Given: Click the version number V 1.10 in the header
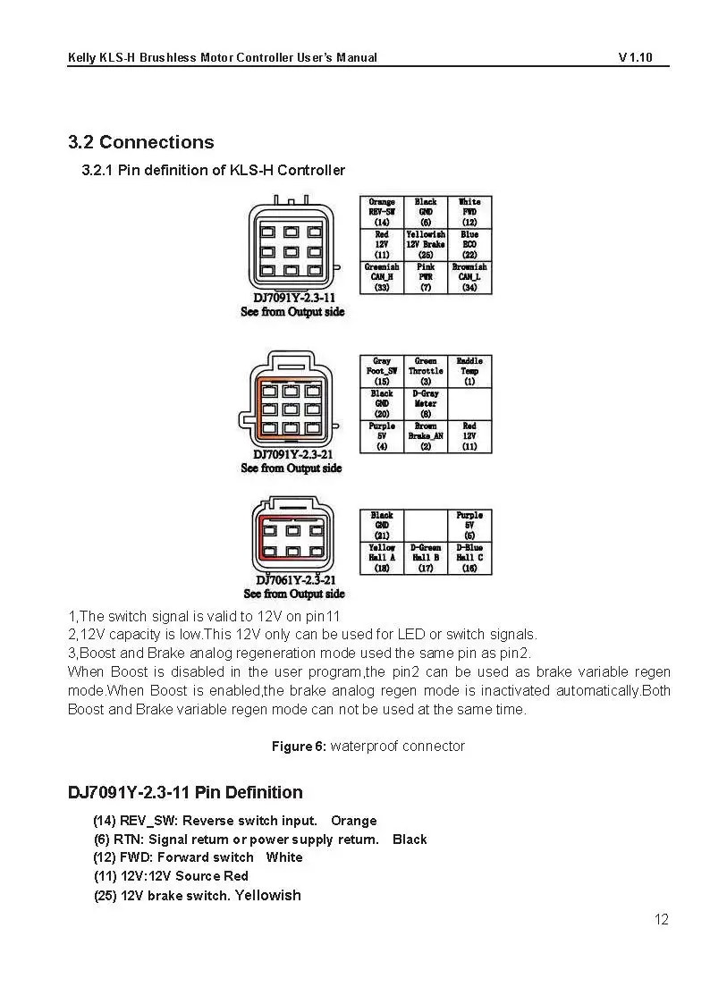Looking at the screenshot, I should (x=635, y=58).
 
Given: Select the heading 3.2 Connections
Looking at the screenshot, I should (x=141, y=142).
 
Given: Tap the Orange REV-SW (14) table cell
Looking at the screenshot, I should (x=382, y=212).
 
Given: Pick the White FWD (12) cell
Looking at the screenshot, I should (x=469, y=212).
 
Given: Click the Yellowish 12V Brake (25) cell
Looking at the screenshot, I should (x=426, y=244).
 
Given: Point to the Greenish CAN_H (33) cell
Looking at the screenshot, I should (x=382, y=276).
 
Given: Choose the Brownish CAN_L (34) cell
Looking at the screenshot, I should (x=469, y=276).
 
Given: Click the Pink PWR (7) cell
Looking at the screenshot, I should (x=426, y=276).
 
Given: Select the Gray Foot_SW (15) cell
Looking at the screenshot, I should (x=382, y=371).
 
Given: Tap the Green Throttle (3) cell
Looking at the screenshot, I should (x=426, y=371).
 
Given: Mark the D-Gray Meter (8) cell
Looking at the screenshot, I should (x=426, y=403).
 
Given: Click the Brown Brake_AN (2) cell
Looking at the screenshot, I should (x=426, y=436).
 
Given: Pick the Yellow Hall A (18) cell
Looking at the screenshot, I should (x=382, y=558).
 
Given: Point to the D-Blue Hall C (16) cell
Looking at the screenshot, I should (x=469, y=558).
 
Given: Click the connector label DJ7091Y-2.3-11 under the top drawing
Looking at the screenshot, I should (x=294, y=298).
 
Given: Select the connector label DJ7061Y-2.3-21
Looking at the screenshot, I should (x=294, y=579).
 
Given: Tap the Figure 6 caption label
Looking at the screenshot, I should (x=300, y=747).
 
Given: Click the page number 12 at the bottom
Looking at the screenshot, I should (x=661, y=919).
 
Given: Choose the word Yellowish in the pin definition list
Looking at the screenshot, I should (x=267, y=895).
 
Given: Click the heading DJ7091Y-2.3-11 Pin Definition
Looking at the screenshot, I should (x=185, y=792).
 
